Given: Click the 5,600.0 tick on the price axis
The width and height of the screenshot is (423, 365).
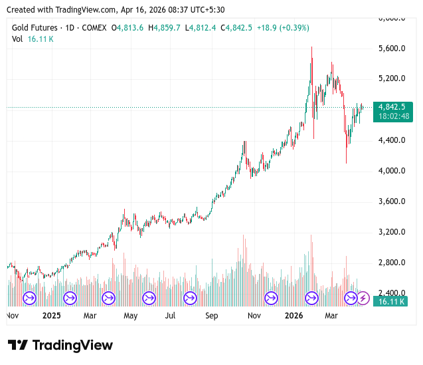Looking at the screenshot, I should tap(392, 49).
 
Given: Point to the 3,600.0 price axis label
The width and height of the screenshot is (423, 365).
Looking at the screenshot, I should tap(392, 201).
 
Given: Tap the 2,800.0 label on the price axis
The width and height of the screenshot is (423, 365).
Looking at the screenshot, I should tap(392, 263).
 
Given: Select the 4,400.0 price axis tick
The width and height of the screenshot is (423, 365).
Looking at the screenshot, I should tap(392, 140).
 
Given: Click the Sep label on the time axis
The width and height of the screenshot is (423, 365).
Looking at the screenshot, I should tap(212, 316).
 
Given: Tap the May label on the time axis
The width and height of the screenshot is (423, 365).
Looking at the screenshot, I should tap(130, 316).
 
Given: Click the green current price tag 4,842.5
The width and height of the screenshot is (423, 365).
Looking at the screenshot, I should tap(392, 106).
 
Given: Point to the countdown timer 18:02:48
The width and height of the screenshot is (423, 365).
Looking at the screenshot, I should tap(392, 116).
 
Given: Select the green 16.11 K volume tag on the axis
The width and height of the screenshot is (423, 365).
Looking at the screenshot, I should tap(392, 302).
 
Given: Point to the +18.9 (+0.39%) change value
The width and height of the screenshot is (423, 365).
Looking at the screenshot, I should tap(283, 27).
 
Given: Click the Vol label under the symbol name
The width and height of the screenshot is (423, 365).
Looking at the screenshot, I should tap(17, 39).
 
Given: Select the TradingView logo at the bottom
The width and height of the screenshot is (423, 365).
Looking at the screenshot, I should tap(60, 345).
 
